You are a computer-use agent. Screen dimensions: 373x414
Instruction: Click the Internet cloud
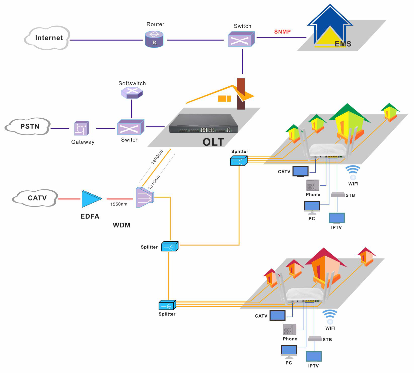click(x=48, y=38)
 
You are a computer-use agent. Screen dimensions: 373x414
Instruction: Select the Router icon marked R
click(x=154, y=40)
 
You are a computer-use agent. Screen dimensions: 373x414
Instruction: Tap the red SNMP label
click(x=282, y=32)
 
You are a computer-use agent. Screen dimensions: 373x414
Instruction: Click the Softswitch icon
click(x=132, y=93)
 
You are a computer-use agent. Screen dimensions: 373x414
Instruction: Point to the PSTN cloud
click(x=28, y=126)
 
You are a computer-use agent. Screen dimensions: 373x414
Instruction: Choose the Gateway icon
click(x=81, y=128)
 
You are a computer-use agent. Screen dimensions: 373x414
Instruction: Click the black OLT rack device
click(x=203, y=124)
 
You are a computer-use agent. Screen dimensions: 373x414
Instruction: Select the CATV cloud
click(x=35, y=198)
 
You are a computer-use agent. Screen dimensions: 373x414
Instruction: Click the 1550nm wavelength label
click(x=119, y=204)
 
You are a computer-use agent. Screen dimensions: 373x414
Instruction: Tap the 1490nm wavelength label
click(x=157, y=157)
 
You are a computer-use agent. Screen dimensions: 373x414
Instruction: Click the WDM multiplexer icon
click(x=144, y=197)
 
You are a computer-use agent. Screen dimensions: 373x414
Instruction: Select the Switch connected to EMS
click(x=241, y=39)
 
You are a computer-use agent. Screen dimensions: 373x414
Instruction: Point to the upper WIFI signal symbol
click(x=353, y=172)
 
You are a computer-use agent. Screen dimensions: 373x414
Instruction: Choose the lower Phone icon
click(x=289, y=329)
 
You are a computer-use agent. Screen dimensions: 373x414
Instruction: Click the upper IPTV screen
click(x=337, y=218)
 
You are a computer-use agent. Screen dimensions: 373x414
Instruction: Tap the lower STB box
click(x=315, y=339)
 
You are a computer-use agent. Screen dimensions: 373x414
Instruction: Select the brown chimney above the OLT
click(x=241, y=94)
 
